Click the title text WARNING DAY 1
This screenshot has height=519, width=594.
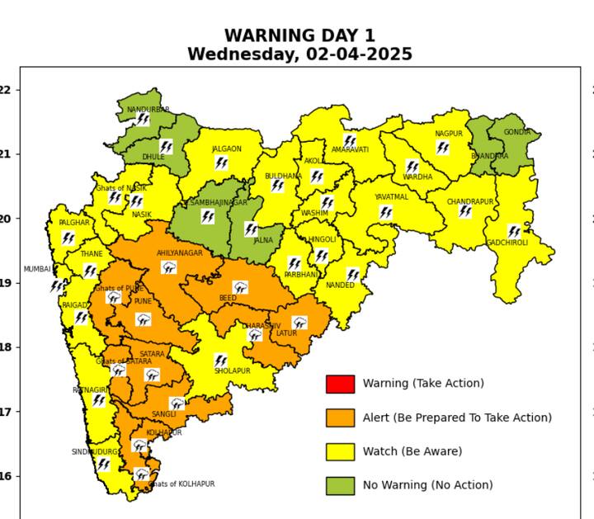(x=299, y=35)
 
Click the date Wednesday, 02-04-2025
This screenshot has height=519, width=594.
(x=299, y=54)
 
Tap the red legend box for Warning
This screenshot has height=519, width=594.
(x=340, y=384)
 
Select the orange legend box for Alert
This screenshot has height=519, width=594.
(x=340, y=418)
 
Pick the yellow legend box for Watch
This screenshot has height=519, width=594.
(x=340, y=451)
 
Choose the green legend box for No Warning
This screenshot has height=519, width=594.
(x=340, y=485)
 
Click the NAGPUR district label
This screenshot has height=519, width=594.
(x=448, y=134)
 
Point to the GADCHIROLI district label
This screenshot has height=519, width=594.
(x=507, y=243)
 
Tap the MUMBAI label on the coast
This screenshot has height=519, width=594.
(x=36, y=269)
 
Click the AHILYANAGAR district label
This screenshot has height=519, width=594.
(x=179, y=253)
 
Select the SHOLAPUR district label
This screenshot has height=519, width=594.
(x=232, y=371)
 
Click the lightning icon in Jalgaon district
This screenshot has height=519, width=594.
(x=221, y=163)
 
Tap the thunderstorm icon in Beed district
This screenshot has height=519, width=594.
(x=240, y=287)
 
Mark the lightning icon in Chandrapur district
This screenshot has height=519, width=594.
(x=465, y=211)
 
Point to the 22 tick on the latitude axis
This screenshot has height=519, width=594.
(x=7, y=90)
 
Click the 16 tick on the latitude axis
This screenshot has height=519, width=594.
(x=7, y=476)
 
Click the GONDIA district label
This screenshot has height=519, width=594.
(x=517, y=132)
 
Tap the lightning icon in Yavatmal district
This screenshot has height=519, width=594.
(x=385, y=212)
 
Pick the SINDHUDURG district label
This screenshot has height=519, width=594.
(x=93, y=452)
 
